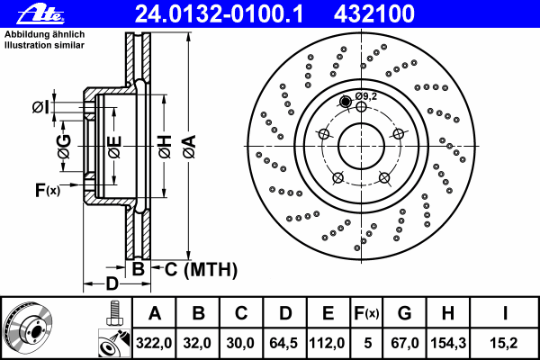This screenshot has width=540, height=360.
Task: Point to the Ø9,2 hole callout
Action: [x=364, y=95]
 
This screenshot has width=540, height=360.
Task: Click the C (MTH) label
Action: [x=201, y=268]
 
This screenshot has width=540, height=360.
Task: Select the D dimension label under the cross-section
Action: [x=111, y=283]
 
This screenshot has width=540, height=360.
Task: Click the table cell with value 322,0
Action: [x=155, y=343]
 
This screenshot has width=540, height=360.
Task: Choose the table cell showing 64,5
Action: [x=285, y=343]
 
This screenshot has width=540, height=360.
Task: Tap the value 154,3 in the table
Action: [x=447, y=343]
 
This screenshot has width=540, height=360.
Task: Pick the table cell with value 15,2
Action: [x=505, y=343]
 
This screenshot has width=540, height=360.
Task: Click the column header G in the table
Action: [x=404, y=314]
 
